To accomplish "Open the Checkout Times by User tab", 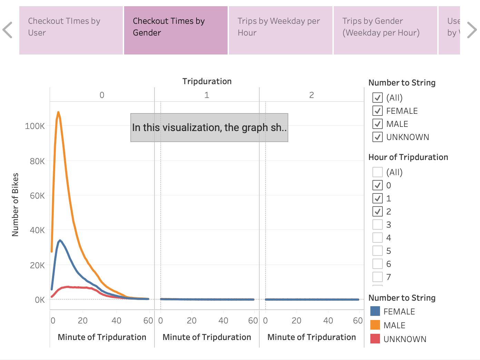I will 71,30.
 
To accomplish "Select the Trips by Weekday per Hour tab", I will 280,30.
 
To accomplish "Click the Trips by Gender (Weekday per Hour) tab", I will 385,30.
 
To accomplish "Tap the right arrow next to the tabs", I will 471,30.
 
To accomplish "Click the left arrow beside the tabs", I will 8,30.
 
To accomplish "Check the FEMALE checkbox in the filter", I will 378,111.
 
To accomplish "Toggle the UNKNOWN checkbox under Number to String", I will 378,137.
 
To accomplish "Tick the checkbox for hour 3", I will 378,224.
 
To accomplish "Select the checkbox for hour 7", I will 378,277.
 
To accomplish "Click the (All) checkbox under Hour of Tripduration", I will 378,172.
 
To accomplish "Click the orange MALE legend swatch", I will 375,325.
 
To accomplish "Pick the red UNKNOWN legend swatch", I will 375,339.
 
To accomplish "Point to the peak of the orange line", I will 58,112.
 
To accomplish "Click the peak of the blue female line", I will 60,240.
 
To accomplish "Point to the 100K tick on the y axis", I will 35,126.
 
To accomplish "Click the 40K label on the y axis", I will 37,230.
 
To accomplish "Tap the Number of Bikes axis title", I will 15,204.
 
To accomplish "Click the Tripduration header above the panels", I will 207,81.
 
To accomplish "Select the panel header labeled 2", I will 311,95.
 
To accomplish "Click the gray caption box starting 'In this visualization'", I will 209,128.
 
